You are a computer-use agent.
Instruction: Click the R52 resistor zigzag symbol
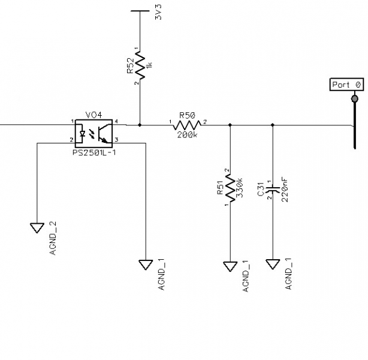pos(140,65)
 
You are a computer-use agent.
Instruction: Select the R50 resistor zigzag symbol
pos(187,125)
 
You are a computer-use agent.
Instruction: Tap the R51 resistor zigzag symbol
pos(230,188)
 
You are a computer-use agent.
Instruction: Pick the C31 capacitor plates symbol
pos(273,189)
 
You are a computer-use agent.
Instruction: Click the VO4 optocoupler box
pos(93,133)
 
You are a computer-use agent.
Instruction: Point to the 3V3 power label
pos(158,12)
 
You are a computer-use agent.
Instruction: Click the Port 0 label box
pos(346,85)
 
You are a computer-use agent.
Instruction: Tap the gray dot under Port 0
pos(355,98)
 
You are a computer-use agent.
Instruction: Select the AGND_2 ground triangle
pos(37,228)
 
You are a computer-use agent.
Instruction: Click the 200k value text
pos(187,135)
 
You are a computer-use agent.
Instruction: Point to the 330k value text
pos(239,188)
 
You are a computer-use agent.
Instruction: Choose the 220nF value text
pos(285,190)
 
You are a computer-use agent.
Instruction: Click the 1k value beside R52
pos(149,65)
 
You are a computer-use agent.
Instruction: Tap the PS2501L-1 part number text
pos(94,153)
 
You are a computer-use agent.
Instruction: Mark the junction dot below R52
pos(140,125)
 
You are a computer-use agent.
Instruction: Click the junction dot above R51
pos(230,125)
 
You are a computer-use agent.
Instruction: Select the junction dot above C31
pos(273,125)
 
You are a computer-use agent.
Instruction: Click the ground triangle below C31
pos(273,264)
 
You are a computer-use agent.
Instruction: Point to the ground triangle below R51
pos(230,266)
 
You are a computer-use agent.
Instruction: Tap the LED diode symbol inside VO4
pos(82,134)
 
